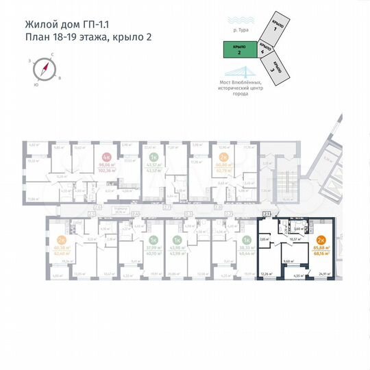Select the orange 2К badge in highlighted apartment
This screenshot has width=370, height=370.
(x=321, y=240)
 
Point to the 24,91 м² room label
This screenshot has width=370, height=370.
(x=325, y=274)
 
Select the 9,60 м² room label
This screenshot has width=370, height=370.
(x=289, y=261)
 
